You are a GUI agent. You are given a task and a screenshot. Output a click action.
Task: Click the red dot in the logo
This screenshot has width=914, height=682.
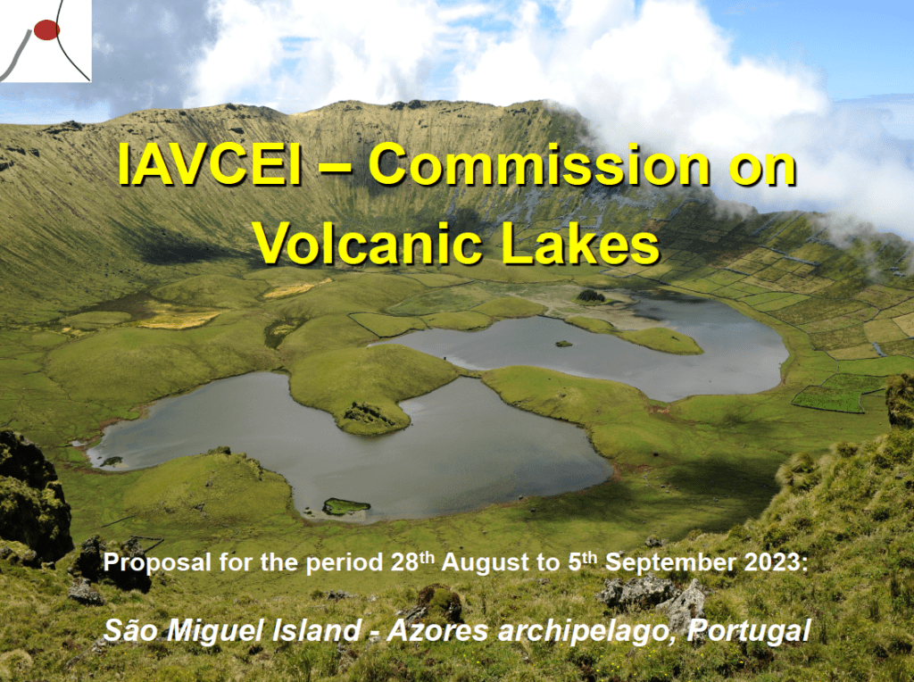click(46, 29)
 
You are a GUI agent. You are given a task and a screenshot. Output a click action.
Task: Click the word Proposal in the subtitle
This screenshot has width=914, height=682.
click(157, 563)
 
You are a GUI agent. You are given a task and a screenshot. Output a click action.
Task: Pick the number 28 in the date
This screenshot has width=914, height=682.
click(405, 562)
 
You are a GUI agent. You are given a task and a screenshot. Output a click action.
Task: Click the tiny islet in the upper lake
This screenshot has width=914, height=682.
click(564, 344)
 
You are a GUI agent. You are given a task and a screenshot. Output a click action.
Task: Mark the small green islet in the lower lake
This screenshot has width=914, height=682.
click(346, 506)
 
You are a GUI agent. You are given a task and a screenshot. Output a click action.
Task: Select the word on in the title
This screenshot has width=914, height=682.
click(762, 169)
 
